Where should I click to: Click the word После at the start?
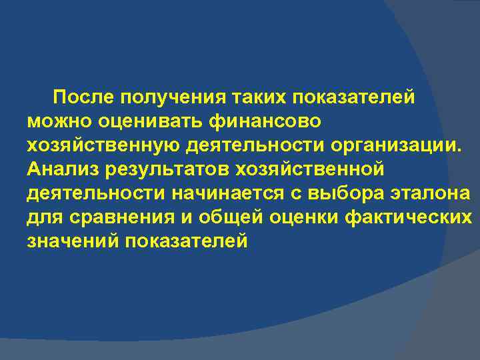pos(85,98)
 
